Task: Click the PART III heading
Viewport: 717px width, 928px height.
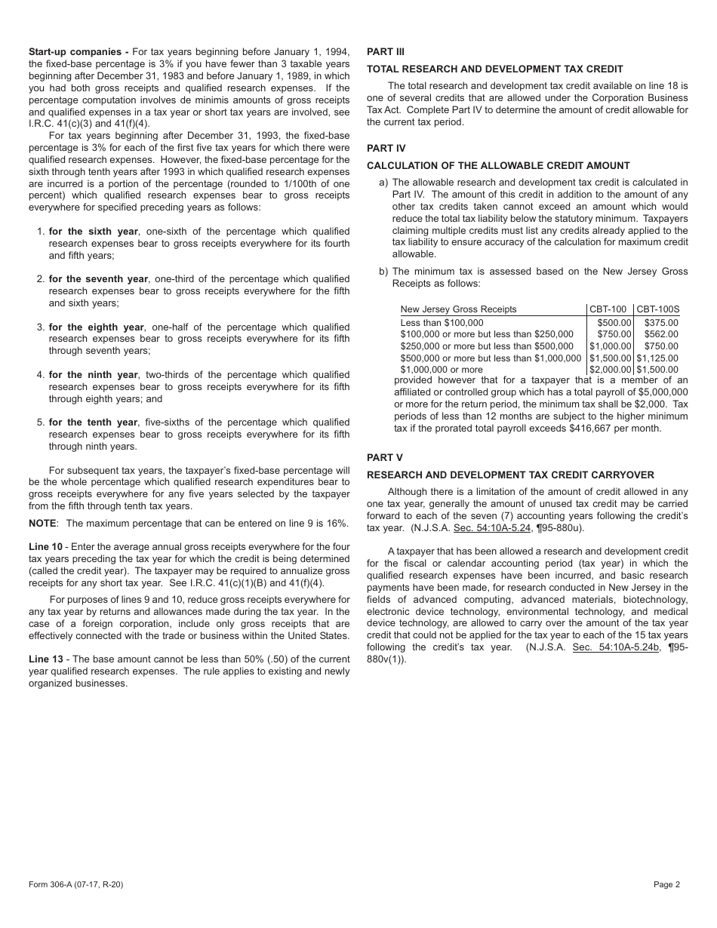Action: click(385, 52)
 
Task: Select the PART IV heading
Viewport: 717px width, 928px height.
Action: click(386, 149)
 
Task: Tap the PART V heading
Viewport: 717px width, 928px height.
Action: click(384, 457)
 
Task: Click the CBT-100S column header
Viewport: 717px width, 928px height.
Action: click(657, 309)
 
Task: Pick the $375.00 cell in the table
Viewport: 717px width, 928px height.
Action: click(661, 323)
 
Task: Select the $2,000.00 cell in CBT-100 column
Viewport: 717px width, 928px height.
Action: click(610, 370)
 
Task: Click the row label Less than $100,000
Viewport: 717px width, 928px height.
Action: click(442, 323)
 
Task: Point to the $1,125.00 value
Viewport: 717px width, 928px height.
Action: click(657, 358)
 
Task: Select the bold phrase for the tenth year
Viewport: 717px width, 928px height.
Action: click(94, 423)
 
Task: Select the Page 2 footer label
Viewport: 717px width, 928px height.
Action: click(666, 885)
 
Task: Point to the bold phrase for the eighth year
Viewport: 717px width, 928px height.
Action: click(97, 327)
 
